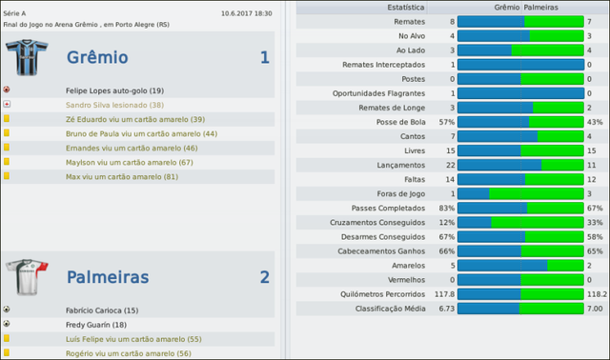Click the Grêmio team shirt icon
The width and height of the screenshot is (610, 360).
coord(26,58)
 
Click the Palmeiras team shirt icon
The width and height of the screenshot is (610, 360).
coord(26,277)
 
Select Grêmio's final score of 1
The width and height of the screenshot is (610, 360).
coord(264,58)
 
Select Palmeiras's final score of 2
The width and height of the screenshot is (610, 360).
coord(264,277)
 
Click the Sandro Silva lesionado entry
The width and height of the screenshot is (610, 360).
coord(115,105)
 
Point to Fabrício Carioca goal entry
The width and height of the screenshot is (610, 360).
coord(102,310)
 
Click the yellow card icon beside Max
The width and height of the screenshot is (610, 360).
coord(7,176)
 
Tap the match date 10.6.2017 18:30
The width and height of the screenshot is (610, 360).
coord(246,13)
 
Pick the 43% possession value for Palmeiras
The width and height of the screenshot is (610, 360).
coord(596,122)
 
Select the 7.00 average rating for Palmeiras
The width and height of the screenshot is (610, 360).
coord(596,309)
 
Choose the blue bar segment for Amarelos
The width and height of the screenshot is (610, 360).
coord(502,265)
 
